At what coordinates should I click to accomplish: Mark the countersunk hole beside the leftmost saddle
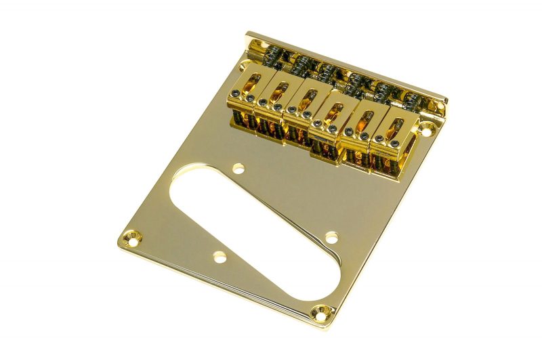coord(242,66)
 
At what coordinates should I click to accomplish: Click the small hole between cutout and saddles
coord(238,167)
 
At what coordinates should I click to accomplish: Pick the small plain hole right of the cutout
coord(331,237)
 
